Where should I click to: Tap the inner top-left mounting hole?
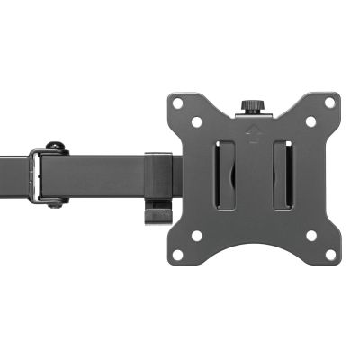(197, 121)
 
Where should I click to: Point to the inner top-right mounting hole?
(310, 121)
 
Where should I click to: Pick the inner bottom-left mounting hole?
(197, 236)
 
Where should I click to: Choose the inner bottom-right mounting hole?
(310, 236)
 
